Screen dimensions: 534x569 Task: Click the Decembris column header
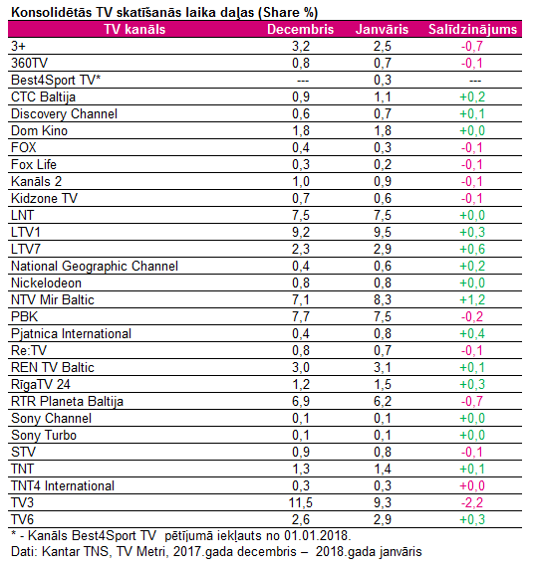(300, 30)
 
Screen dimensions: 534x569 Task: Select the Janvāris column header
(382, 30)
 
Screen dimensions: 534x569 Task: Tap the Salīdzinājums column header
(472, 30)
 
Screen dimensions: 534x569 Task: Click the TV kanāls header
(134, 30)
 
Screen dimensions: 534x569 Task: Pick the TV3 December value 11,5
(301, 503)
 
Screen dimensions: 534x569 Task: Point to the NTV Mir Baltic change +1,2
(472, 299)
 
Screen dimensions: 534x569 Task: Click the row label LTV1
(26, 232)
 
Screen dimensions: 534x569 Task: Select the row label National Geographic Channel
(95, 267)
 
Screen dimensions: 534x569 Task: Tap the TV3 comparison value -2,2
(472, 503)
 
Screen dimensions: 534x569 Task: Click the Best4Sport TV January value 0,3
(383, 80)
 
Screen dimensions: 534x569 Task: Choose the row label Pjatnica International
(71, 334)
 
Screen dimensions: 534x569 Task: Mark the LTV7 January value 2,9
(383, 250)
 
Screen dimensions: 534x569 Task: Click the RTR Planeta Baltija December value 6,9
(301, 401)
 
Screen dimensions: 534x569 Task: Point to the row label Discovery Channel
(64, 114)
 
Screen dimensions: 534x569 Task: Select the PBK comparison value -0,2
(472, 316)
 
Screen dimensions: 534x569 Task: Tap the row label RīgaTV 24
(41, 385)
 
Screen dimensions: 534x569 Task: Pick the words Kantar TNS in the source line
(76, 552)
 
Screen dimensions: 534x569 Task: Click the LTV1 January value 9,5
(383, 232)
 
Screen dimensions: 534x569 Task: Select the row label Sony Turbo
(44, 436)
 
